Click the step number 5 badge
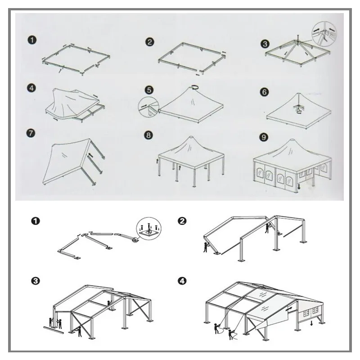149,90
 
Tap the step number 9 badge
264,137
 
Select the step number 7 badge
31,133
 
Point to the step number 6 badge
264,92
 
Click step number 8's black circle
148,135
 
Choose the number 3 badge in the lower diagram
36,281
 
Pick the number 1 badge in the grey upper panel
32,40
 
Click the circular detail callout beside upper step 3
324,33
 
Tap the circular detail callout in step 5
148,107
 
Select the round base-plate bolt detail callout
149,229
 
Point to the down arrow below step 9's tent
299,187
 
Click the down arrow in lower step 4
311,323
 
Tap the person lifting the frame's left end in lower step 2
206,247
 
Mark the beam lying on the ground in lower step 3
54,330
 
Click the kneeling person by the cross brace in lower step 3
79,332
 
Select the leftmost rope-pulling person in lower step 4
216,328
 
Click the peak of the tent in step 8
191,137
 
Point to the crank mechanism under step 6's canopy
299,108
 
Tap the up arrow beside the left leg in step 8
157,161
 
